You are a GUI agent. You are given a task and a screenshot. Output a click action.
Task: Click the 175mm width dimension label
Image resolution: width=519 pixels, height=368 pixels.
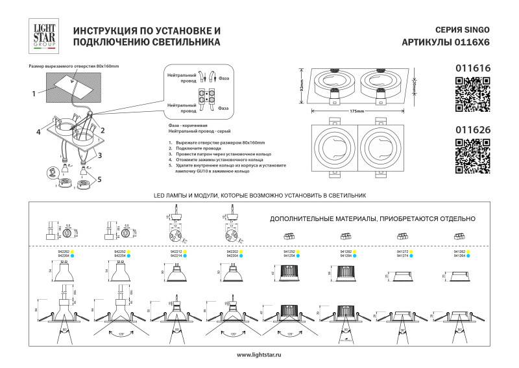click(356, 111)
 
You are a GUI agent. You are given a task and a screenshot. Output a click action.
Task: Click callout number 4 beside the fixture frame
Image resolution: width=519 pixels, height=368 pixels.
click(38, 131)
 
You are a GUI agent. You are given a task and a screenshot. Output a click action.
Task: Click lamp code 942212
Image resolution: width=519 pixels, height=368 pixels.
click(175, 251)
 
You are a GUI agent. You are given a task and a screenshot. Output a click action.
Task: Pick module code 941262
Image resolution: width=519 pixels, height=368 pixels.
click(346, 251)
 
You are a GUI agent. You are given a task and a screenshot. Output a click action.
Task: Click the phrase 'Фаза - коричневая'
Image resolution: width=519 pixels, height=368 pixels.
click(187, 123)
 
